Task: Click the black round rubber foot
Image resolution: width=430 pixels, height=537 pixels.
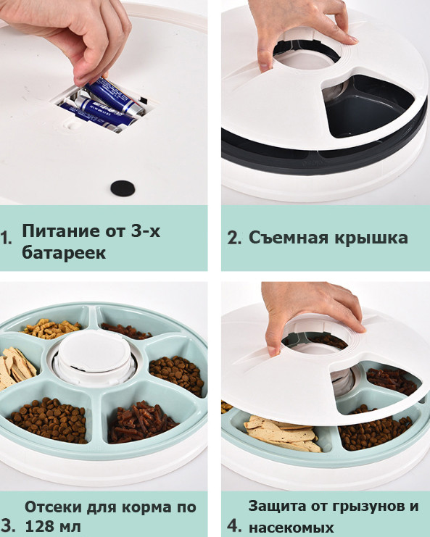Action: pos(123,188)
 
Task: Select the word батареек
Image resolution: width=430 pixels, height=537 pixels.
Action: pos(64,253)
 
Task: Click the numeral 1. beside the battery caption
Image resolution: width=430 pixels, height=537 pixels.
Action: pos(7,238)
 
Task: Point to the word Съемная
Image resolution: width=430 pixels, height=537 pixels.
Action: pos(289,237)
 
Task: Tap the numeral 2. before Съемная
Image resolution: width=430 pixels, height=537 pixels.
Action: pos(233,238)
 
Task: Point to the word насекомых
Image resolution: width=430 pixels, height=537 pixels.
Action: pos(292,527)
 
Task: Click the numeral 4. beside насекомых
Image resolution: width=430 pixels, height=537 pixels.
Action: pos(234,526)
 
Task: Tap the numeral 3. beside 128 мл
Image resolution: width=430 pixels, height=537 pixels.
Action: pos(7,526)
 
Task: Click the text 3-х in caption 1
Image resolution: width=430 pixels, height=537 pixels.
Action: pos(145,231)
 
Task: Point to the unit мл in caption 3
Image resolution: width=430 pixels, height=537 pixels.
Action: pos(70,527)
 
